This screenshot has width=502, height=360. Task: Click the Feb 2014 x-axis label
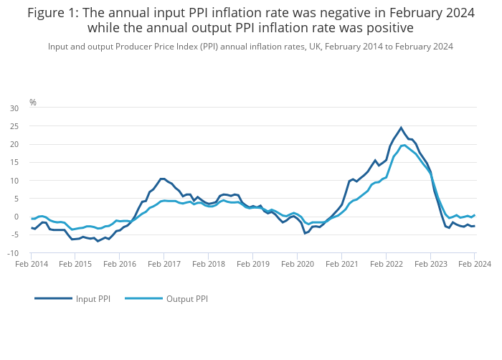point(32,265)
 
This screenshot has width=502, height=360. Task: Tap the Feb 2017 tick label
point(164,265)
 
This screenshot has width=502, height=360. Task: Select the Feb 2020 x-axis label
point(297,265)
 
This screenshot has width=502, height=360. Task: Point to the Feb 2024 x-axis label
point(474,265)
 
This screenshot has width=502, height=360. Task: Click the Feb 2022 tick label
point(385,265)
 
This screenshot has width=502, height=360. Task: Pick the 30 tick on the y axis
point(14,108)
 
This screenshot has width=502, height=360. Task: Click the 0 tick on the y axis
point(16,217)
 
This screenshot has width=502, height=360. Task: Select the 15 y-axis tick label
point(14,162)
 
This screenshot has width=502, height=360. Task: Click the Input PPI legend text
point(93,298)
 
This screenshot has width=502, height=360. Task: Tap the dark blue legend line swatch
point(53,298)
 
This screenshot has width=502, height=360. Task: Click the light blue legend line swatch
point(143,298)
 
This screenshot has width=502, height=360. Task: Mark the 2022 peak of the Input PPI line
point(401,128)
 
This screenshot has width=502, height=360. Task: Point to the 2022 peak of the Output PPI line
point(404,145)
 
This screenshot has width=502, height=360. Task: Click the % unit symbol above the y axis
point(32,103)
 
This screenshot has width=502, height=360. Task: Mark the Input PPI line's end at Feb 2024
point(474,226)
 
